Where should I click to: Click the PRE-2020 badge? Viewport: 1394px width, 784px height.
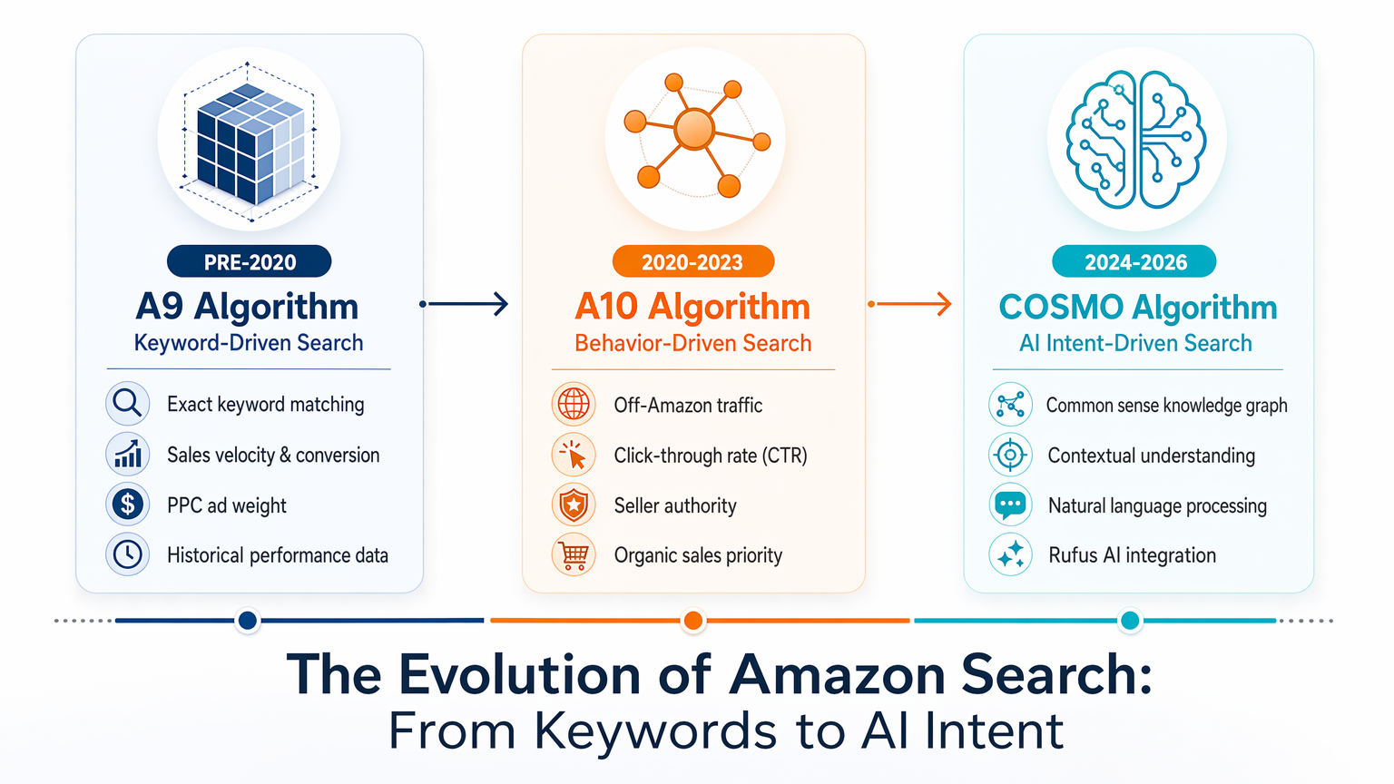[249, 261]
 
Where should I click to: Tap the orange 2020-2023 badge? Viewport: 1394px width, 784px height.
[693, 261]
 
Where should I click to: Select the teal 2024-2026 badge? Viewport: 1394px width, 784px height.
[1134, 261]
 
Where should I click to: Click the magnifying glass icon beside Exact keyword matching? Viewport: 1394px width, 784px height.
[128, 403]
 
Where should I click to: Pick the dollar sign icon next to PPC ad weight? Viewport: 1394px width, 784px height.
[128, 504]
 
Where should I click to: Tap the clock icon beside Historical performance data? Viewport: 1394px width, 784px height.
[128, 554]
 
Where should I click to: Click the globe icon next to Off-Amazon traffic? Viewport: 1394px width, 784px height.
[574, 404]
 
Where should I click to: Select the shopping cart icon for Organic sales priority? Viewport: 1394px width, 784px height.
[574, 554]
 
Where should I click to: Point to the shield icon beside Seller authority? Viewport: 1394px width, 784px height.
[574, 505]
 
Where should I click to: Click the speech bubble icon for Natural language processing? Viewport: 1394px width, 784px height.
[1010, 505]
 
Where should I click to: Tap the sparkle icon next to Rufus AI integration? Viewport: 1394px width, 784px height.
[1010, 554]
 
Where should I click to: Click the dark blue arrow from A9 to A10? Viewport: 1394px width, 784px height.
[464, 304]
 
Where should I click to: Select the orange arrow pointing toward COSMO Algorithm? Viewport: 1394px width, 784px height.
[910, 304]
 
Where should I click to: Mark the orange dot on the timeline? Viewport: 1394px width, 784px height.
[693, 621]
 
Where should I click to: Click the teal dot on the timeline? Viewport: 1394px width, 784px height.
[1130, 621]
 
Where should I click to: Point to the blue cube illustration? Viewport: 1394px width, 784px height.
[249, 142]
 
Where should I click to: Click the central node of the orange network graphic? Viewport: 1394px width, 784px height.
[694, 130]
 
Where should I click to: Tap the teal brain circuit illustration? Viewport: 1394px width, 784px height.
[1136, 140]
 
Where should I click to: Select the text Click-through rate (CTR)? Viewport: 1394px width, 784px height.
[711, 456]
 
